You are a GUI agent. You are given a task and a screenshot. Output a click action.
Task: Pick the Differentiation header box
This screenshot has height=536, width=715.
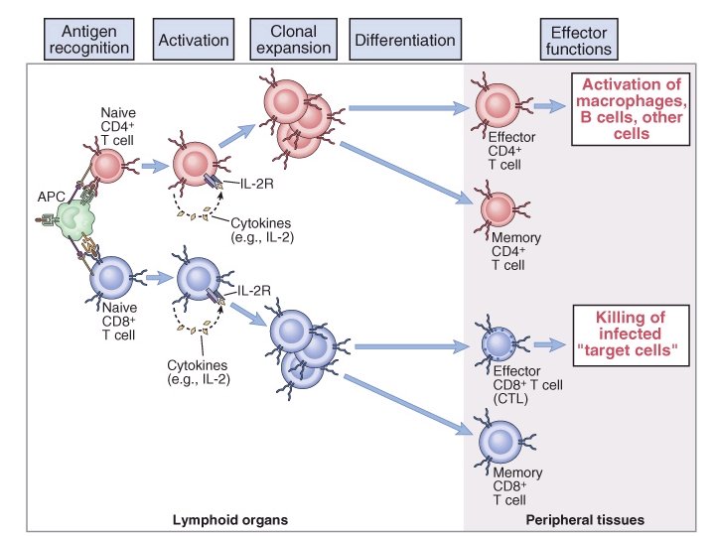(x=404, y=40)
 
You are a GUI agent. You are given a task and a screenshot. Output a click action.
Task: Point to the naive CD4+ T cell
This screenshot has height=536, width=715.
(x=107, y=163)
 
